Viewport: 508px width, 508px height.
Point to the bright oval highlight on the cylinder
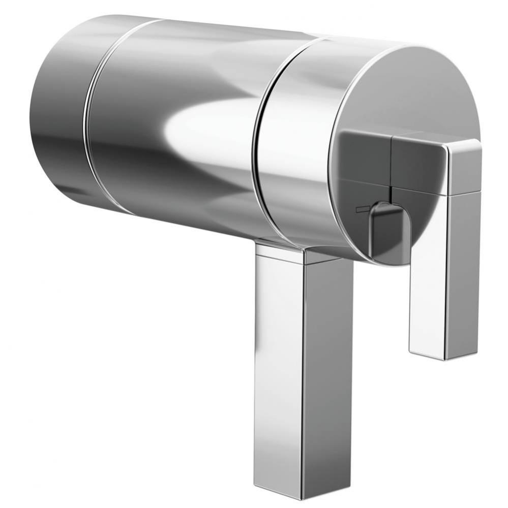tap(214, 124)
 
